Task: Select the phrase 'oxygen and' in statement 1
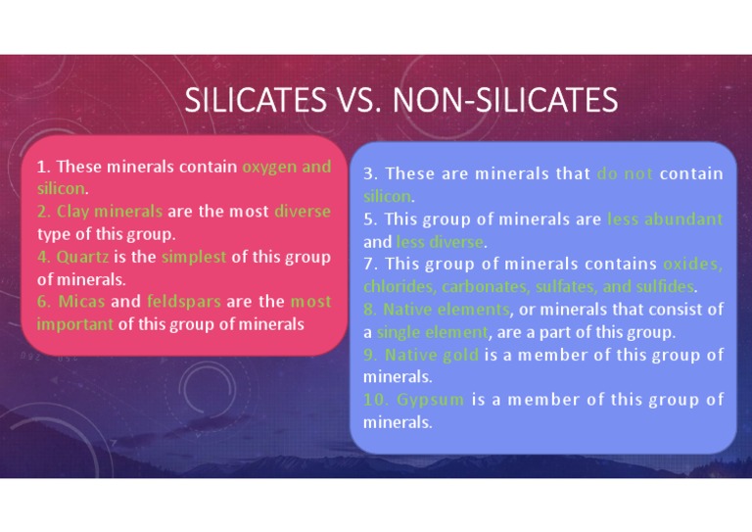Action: click(x=286, y=167)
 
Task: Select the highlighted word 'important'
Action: click(x=75, y=324)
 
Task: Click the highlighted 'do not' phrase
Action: click(x=624, y=174)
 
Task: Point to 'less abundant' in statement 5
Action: click(x=665, y=219)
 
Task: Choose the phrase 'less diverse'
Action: click(x=440, y=242)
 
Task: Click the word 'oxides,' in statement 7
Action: click(x=692, y=265)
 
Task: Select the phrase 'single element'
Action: click(x=432, y=332)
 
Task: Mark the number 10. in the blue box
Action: click(x=375, y=400)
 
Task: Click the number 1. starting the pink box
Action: click(x=44, y=167)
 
